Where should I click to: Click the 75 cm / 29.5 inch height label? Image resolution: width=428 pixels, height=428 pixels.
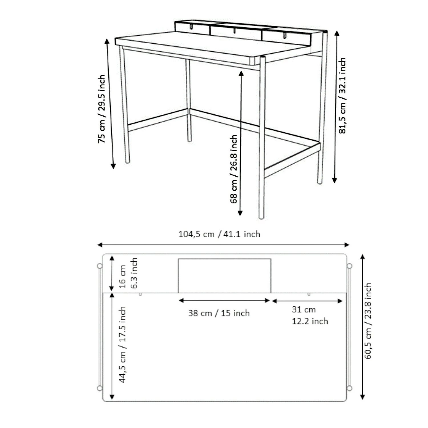(102, 109)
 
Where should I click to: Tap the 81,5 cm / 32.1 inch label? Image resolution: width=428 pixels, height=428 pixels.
(342, 96)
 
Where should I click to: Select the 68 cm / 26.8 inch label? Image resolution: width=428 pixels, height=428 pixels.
(233, 169)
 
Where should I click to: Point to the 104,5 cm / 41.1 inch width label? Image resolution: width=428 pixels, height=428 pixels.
(219, 234)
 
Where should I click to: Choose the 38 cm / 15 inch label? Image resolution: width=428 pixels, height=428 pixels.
(219, 313)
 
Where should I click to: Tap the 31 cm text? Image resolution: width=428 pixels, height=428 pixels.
(304, 309)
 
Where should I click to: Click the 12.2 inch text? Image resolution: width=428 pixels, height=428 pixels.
(310, 321)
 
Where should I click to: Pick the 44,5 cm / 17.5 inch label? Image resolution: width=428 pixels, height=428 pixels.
(122, 344)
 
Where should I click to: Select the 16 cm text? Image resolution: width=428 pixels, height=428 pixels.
(122, 276)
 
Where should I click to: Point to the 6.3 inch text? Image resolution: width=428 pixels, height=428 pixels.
(134, 273)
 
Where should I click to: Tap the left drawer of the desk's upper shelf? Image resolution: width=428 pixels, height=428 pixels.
(193, 27)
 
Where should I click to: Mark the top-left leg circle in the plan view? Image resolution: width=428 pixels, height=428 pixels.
(100, 266)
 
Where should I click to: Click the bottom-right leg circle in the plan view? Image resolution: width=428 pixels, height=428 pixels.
(350, 388)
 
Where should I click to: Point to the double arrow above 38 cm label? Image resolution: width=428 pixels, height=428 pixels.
(224, 300)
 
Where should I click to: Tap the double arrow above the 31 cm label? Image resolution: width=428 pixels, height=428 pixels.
(307, 301)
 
